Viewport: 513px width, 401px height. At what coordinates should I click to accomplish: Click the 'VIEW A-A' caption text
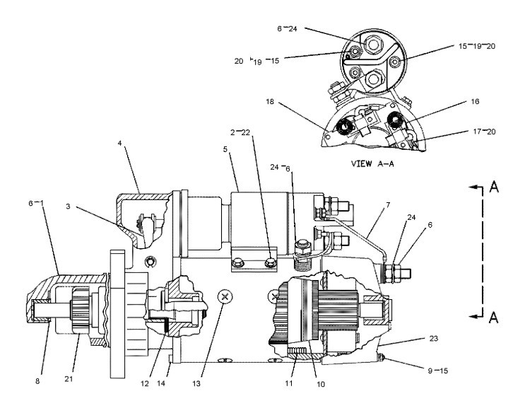point(372,163)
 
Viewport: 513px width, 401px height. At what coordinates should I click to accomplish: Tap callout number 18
point(270,102)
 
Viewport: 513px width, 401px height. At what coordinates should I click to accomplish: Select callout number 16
point(475,101)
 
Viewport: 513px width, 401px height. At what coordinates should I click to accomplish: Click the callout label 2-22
point(240,132)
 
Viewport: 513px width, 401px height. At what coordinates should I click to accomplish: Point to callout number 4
point(119,143)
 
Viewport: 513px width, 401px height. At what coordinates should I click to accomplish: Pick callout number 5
point(225,149)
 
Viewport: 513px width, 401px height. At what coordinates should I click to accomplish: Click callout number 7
point(388,205)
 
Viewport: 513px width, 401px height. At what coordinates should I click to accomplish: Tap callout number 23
point(433,338)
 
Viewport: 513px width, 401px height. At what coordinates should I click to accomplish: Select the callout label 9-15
point(438,371)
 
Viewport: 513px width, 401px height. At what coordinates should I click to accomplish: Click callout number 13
point(196,383)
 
